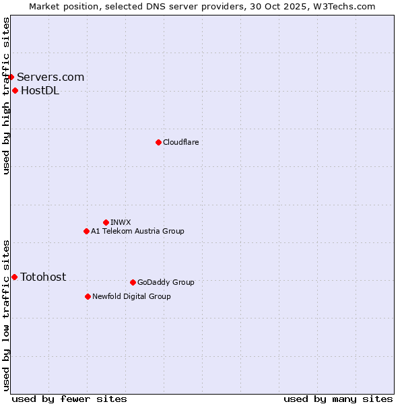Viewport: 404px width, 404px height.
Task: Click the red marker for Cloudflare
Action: [158, 142]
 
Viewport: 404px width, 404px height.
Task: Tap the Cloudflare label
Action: [180, 142]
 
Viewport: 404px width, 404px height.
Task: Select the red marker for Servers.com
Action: [11, 77]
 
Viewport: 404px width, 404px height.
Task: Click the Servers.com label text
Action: [50, 77]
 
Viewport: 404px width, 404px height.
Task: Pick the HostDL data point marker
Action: [15, 90]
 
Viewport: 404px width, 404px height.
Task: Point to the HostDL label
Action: [40, 91]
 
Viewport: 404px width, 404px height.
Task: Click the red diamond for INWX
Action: [106, 222]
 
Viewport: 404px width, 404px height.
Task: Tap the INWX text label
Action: [121, 222]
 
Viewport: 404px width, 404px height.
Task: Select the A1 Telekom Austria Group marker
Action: [86, 231]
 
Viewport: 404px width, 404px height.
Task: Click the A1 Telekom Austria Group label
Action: [137, 231]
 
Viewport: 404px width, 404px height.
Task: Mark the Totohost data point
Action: [14, 277]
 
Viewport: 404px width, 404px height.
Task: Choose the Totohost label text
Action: [43, 277]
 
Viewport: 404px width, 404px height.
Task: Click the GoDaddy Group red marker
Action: [133, 282]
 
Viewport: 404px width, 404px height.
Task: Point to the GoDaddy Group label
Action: [166, 282]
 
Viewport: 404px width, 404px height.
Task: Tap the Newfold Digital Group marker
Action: [88, 296]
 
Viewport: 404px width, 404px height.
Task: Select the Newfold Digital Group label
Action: [131, 296]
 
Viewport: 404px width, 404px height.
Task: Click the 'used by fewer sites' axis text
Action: [69, 399]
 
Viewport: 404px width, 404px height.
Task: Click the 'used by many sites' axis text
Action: [338, 399]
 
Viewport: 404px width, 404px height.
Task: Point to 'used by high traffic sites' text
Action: [7, 96]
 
